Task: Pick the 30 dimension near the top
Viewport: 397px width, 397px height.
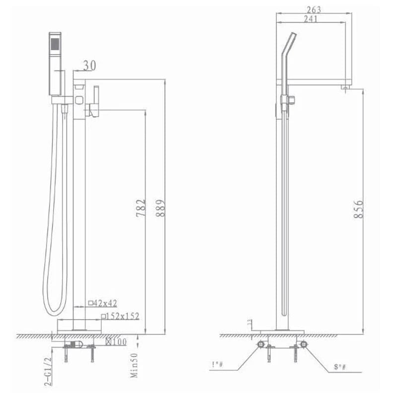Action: [x=90, y=66]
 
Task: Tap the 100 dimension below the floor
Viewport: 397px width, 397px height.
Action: [x=117, y=341]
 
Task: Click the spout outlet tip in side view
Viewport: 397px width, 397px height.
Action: [x=345, y=87]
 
